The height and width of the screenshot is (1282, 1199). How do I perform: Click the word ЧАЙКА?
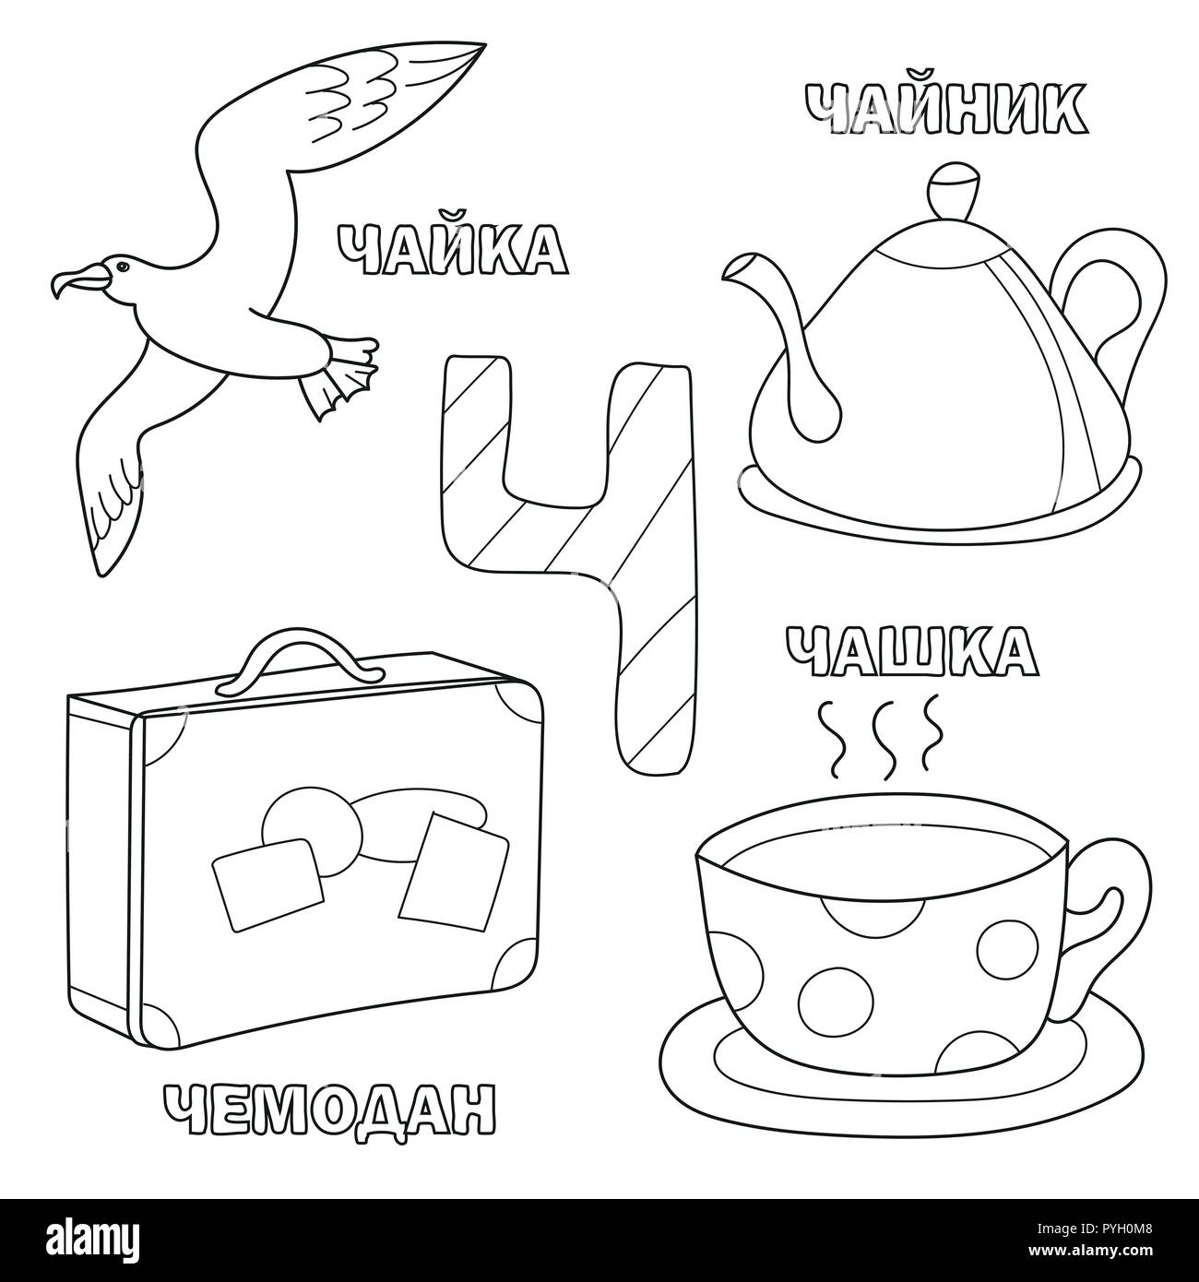click(x=451, y=249)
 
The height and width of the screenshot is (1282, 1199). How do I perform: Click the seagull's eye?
click(x=120, y=267)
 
